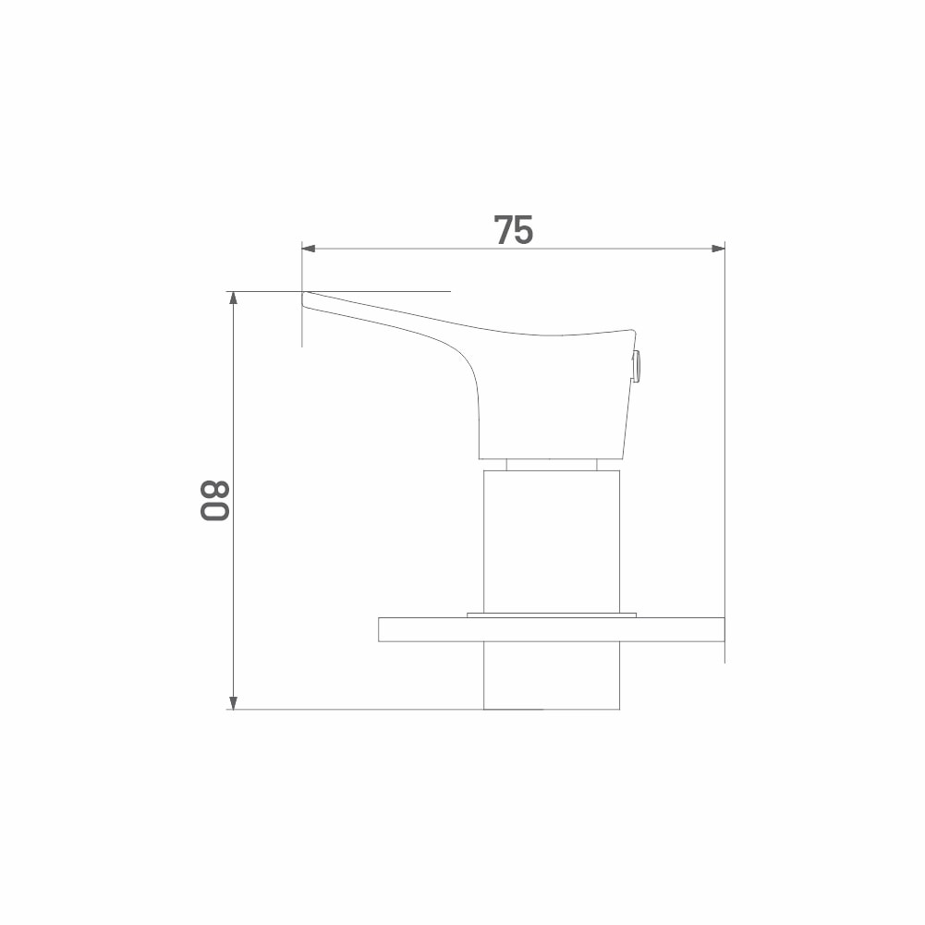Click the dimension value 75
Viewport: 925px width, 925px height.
click(513, 230)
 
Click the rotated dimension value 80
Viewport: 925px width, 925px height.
click(214, 501)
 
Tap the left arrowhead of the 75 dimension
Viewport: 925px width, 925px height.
click(309, 249)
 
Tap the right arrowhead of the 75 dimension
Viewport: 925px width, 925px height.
click(717, 249)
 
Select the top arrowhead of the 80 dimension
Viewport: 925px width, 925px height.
click(234, 298)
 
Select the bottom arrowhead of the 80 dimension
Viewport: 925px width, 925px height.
click(234, 702)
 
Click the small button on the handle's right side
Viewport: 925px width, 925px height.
click(638, 365)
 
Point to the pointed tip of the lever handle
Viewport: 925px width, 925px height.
click(304, 293)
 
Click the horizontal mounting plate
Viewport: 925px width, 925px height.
click(551, 629)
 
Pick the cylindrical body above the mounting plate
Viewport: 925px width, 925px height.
click(552, 542)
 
